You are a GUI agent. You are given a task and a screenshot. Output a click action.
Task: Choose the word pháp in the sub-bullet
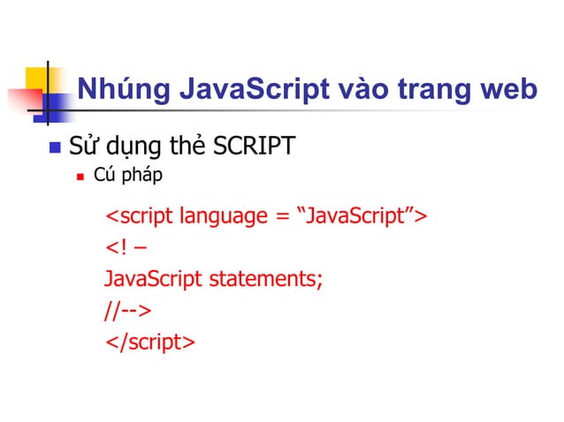point(141,177)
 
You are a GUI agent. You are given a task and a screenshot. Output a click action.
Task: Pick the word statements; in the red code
point(264,281)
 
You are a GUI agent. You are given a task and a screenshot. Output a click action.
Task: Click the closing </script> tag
point(149,343)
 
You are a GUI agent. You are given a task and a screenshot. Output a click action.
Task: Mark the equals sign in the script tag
point(279,217)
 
